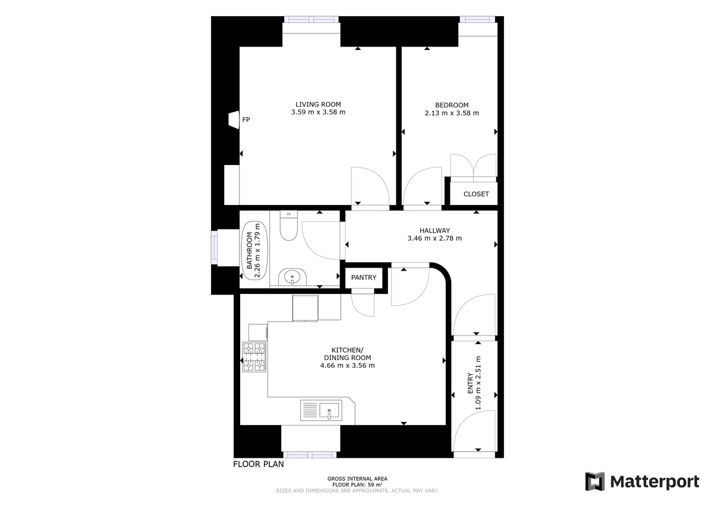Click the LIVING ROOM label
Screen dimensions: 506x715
point(318,104)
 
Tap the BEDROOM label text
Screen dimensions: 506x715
point(451,105)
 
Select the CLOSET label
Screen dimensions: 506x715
point(475,194)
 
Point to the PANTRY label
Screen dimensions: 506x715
point(363,278)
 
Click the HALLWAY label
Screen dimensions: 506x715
point(434,231)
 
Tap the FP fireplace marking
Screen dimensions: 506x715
point(245,120)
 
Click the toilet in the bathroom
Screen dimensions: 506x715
point(288,226)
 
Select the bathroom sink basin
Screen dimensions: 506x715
point(292,277)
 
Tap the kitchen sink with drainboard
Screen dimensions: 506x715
point(321,411)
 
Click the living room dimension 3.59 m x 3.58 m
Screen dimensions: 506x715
point(318,112)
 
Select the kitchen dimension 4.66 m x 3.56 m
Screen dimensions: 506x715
point(347,365)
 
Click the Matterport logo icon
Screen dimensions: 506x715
point(595,482)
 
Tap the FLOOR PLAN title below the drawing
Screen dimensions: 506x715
point(258,464)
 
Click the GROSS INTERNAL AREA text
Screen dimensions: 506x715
point(357,479)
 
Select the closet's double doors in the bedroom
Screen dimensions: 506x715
point(473,167)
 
